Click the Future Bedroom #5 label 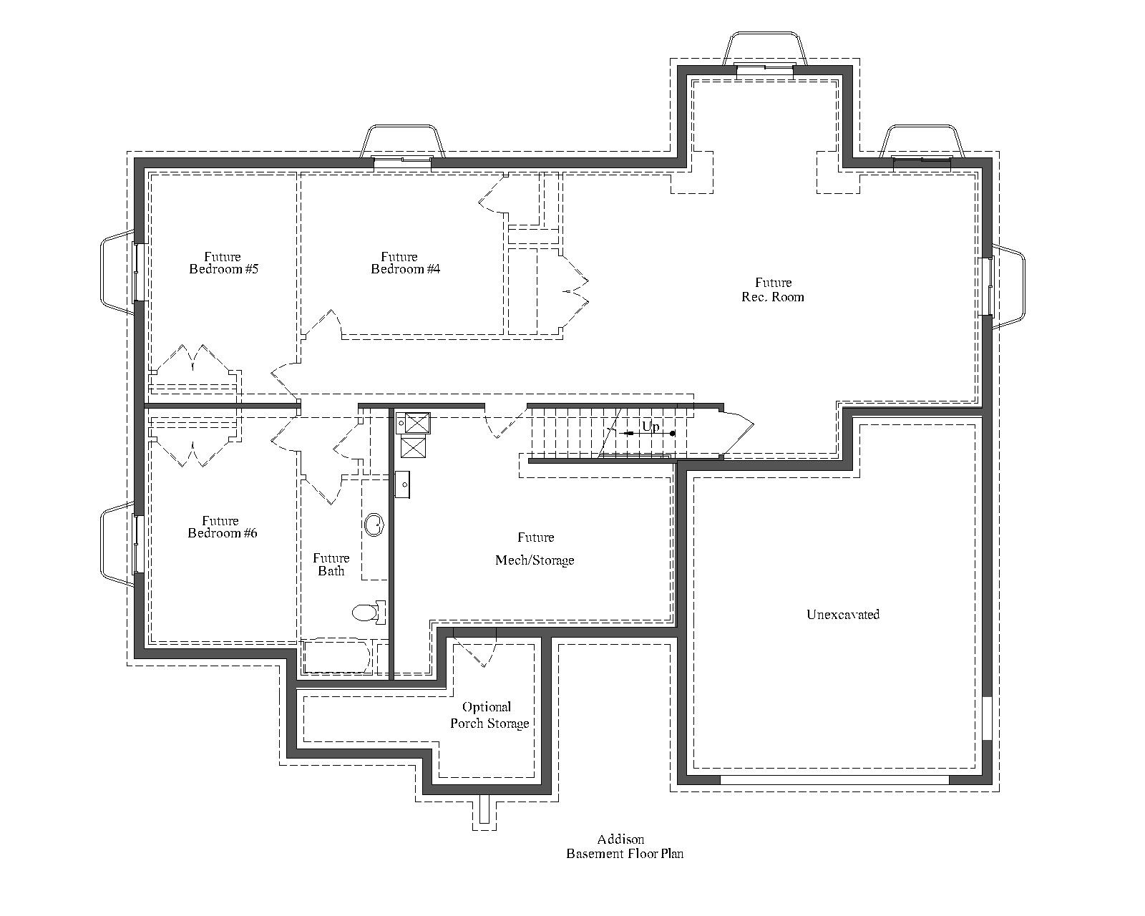(223, 263)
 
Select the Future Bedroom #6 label (222, 527)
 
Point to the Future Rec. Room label (773, 290)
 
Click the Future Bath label (331, 565)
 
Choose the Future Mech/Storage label (535, 549)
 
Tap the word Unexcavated (843, 615)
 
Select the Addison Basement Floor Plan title (625, 847)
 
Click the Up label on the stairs (650, 427)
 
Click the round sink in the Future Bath (374, 525)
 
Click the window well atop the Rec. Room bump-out (765, 49)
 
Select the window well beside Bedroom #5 (117, 272)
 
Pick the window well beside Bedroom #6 (117, 544)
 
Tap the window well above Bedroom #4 (402, 142)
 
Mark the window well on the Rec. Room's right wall (1009, 286)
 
